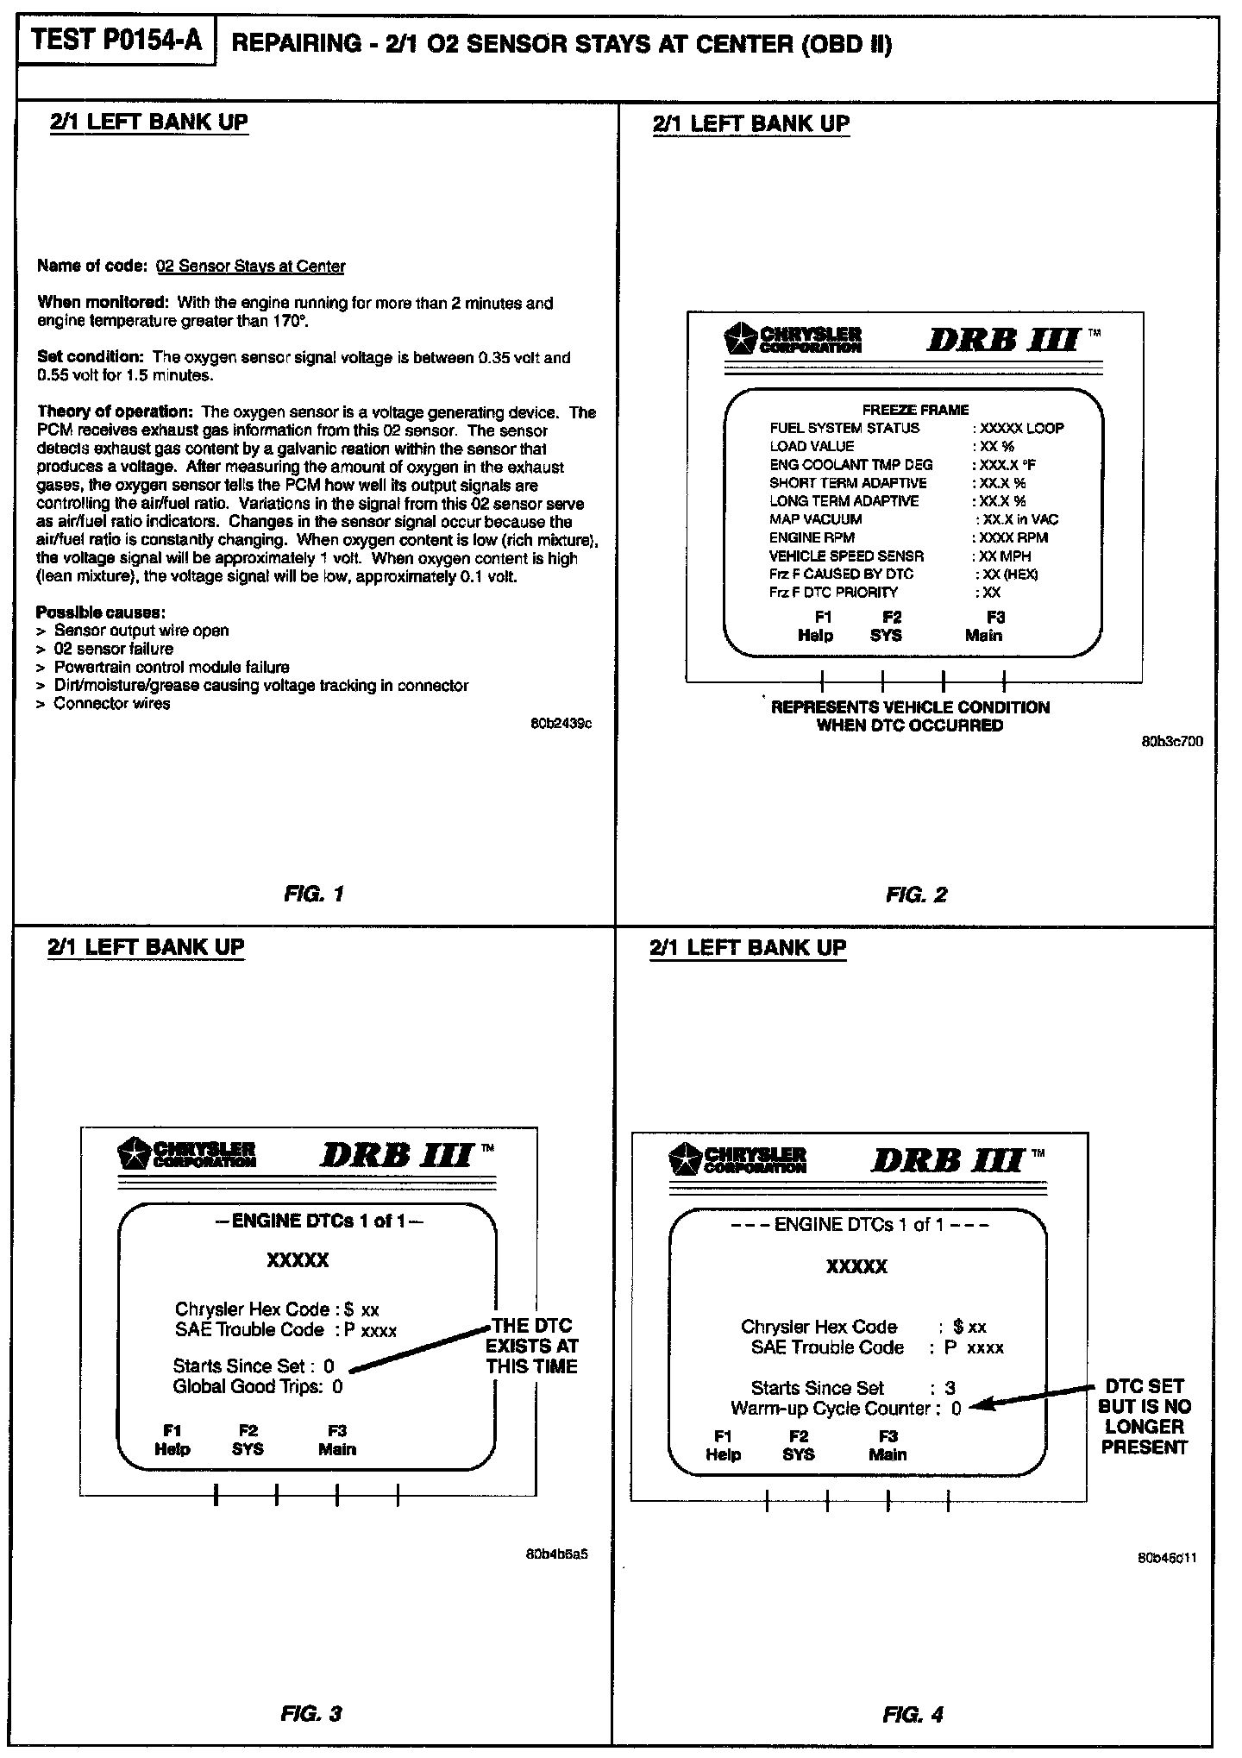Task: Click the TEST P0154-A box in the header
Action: (116, 41)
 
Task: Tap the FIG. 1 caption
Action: (314, 894)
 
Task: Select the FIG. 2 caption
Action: (916, 895)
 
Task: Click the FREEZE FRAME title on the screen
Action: (915, 410)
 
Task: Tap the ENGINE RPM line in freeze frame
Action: (812, 537)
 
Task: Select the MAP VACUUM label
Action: (815, 519)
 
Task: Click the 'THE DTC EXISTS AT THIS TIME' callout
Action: (532, 1346)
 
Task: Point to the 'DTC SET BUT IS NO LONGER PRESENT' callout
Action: (1144, 1416)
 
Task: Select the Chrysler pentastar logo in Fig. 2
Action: (740, 338)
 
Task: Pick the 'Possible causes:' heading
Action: (101, 612)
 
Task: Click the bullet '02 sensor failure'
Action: (113, 649)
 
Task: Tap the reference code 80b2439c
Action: (561, 724)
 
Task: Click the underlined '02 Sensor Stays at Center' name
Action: (250, 267)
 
